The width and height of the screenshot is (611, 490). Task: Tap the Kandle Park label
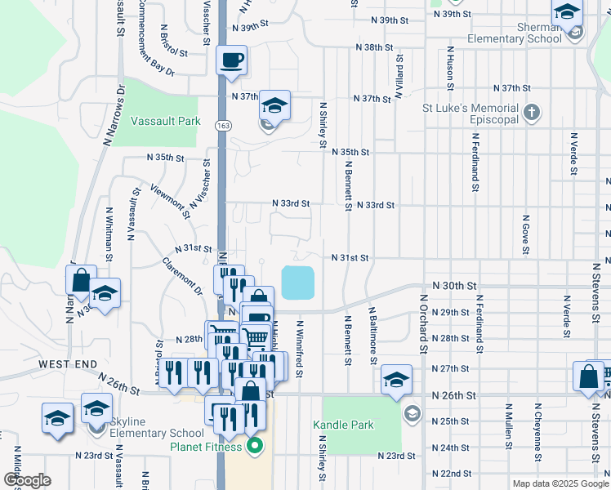click(343, 425)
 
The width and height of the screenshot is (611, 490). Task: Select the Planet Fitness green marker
click(255, 446)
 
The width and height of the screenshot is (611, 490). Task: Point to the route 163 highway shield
click(221, 125)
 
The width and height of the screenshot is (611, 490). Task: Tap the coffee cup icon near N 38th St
click(232, 60)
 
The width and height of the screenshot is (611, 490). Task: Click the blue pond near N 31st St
click(298, 283)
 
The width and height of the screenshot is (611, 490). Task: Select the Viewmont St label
click(171, 201)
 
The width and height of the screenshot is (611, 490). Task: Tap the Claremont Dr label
click(181, 275)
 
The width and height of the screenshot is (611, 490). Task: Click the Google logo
click(26, 480)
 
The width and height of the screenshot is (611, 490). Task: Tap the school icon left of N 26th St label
click(396, 379)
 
